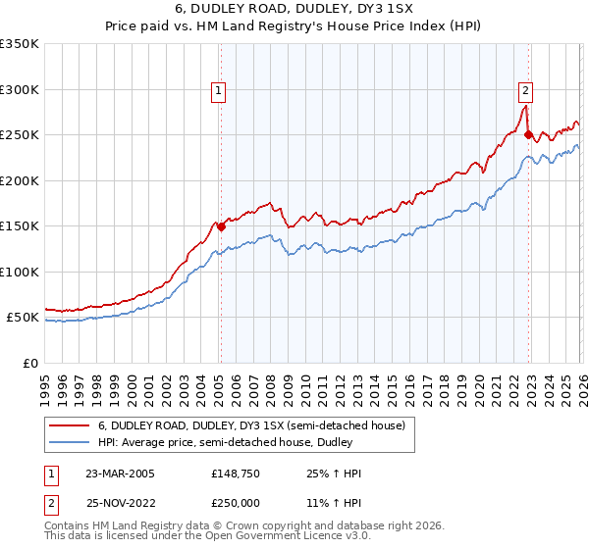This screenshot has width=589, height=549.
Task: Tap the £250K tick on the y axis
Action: [20, 135]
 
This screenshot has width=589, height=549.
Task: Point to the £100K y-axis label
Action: [20, 272]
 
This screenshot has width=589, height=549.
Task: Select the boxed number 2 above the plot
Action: [525, 91]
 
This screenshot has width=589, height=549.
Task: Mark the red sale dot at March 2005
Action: [221, 226]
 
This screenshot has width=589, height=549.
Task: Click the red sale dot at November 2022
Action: [528, 135]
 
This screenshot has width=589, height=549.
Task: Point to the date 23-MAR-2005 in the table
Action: [121, 474]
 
